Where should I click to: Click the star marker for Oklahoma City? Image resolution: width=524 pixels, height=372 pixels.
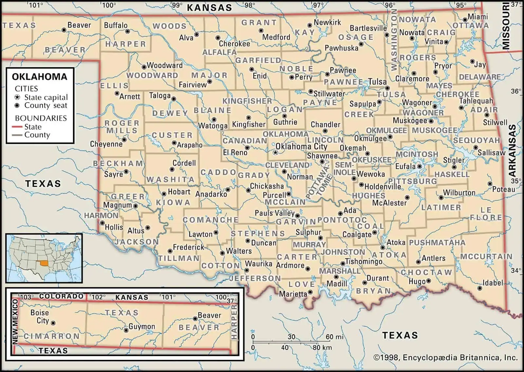pos(275,152)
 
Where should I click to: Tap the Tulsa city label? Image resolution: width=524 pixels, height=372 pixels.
pos(377,81)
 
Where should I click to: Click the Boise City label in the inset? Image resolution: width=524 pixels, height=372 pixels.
pos(40,317)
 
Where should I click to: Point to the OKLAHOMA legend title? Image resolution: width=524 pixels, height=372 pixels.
pos(40,77)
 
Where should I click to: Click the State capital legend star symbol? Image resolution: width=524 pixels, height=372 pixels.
pos(18,97)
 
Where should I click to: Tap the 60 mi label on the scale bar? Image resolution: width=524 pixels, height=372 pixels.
pos(334,337)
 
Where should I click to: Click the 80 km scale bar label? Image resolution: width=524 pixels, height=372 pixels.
pos(322,348)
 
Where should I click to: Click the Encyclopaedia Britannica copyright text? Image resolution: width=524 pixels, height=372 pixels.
pos(445,358)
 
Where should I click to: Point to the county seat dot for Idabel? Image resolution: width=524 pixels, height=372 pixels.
pos(480,288)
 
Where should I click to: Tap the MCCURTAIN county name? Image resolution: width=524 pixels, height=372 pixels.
pos(486,256)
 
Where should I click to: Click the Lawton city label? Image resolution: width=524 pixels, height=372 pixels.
pos(200,234)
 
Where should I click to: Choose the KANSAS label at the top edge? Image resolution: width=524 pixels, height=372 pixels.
pos(209,8)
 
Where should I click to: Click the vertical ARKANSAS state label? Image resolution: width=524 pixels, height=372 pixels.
pos(512,151)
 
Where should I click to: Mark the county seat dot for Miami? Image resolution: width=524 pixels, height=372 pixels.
pos(465,20)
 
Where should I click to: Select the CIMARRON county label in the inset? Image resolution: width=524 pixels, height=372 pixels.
pos(51,336)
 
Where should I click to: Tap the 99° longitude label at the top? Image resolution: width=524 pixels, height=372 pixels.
pos(177,5)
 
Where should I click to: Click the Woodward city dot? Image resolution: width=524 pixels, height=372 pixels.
pos(144,66)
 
